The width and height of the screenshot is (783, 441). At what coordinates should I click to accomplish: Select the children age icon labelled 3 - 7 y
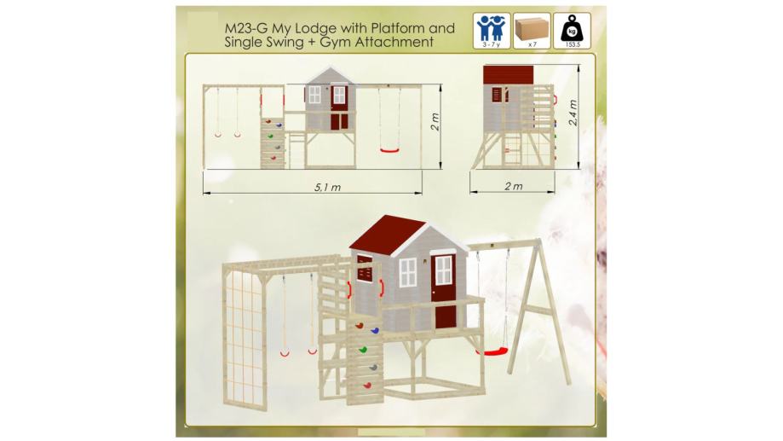pos(492,31)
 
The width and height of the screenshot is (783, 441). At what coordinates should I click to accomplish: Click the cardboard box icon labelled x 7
pos(532,31)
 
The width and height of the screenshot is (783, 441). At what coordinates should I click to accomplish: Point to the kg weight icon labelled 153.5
pos(573,31)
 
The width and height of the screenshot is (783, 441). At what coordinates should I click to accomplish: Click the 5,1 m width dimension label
pos(327,188)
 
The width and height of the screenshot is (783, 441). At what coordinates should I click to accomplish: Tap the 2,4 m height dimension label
pos(573,113)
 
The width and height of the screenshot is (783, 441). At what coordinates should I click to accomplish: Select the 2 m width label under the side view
pos(514,187)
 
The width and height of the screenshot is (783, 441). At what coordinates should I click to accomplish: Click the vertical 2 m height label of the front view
pos(435,121)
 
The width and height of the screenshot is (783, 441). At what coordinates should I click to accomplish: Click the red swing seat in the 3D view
pos(492,352)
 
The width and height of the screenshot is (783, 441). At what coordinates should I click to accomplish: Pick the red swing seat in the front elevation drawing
pos(390,150)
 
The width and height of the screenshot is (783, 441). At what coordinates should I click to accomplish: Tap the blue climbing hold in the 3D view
pos(375,330)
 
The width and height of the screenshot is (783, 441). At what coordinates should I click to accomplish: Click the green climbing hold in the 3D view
pos(364,349)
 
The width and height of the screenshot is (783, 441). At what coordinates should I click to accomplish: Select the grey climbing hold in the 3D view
pos(373,368)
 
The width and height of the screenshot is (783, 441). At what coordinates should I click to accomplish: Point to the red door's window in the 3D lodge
pos(443,270)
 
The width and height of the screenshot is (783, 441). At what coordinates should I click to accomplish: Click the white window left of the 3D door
pos(408,273)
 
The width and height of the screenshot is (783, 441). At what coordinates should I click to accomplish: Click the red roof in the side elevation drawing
pos(509,75)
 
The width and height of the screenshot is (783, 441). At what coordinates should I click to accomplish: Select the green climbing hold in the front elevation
pos(270,136)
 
